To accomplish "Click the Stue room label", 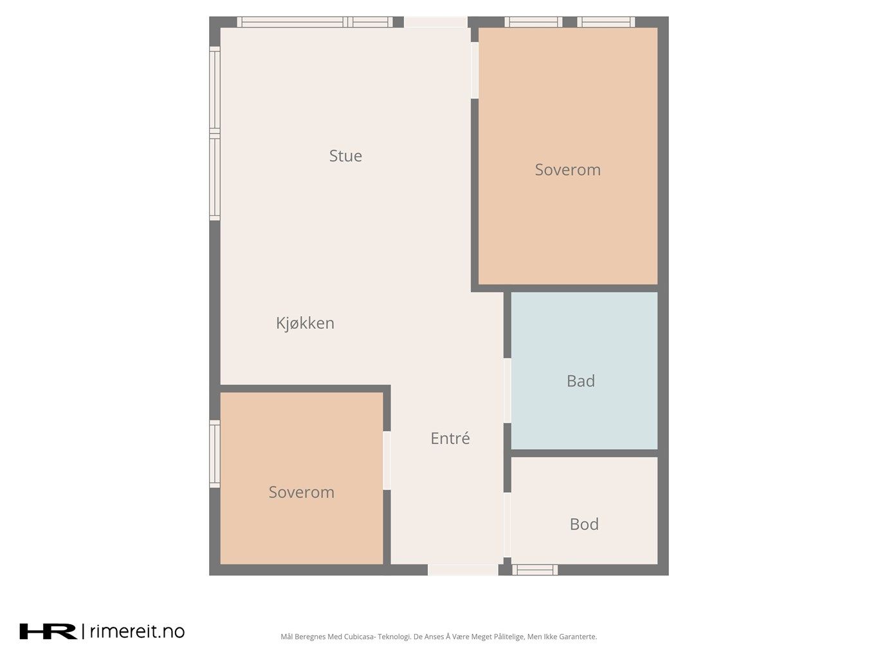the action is pyautogui.click(x=345, y=156).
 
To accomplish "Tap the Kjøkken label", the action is pyautogui.click(x=305, y=323).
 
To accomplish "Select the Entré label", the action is pyautogui.click(x=450, y=438).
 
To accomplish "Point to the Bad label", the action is pyautogui.click(x=581, y=381).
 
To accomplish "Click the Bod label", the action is pyautogui.click(x=584, y=524).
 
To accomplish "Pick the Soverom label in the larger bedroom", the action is pyautogui.click(x=567, y=170).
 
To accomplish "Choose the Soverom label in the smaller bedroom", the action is pyautogui.click(x=301, y=492).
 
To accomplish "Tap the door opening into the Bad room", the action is pyautogui.click(x=508, y=391).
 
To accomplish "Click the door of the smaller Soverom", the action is pyautogui.click(x=387, y=460).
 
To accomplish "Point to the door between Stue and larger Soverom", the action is pyautogui.click(x=475, y=70).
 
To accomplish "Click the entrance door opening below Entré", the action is pyautogui.click(x=463, y=570).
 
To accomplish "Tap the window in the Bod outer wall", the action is pyautogui.click(x=535, y=570).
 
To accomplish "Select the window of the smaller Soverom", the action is pyautogui.click(x=215, y=454).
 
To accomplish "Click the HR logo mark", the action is pyautogui.click(x=48, y=631).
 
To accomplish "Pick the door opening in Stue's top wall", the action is pyautogui.click(x=435, y=22).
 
